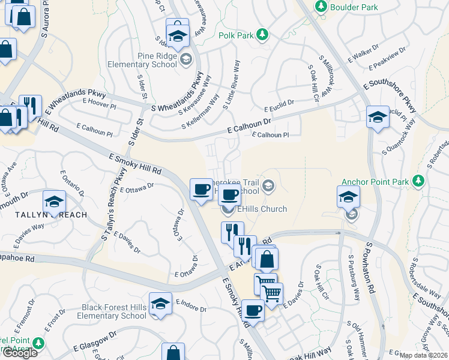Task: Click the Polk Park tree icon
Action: coord(262,35)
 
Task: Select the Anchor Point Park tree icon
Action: coord(418,181)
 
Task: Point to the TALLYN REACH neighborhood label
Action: coord(59,215)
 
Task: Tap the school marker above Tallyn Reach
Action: coord(54,201)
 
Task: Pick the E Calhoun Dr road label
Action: coord(249,124)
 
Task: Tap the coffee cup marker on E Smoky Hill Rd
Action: coord(201,190)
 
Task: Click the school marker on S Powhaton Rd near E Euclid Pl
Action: coord(378,117)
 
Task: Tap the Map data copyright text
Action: coord(423,356)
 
